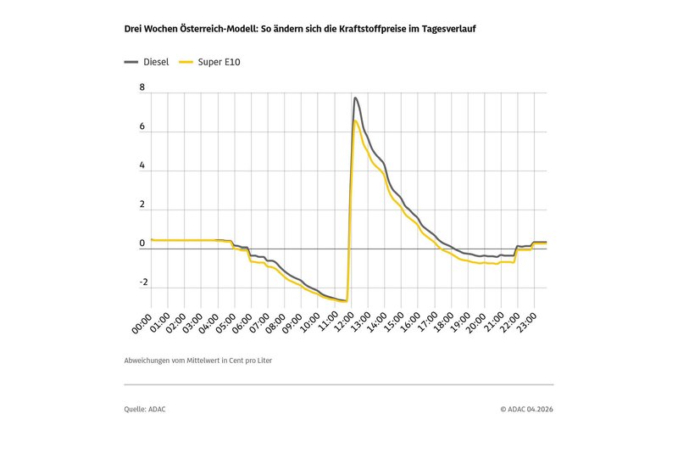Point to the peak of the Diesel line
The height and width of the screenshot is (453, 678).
(356, 98)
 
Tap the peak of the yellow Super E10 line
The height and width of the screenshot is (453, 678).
(355, 121)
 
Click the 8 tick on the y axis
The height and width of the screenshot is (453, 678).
(142, 88)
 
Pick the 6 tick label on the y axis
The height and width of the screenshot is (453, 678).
(142, 127)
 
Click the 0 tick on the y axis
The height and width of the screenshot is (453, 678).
(142, 244)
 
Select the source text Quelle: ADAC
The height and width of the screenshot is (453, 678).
(145, 409)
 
